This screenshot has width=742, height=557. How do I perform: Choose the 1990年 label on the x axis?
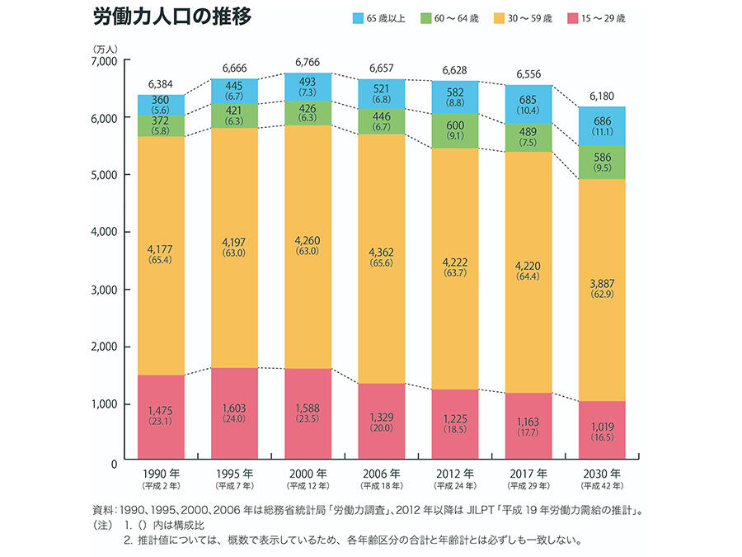(x=161, y=475)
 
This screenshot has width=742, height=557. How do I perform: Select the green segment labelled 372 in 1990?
(x=161, y=125)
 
